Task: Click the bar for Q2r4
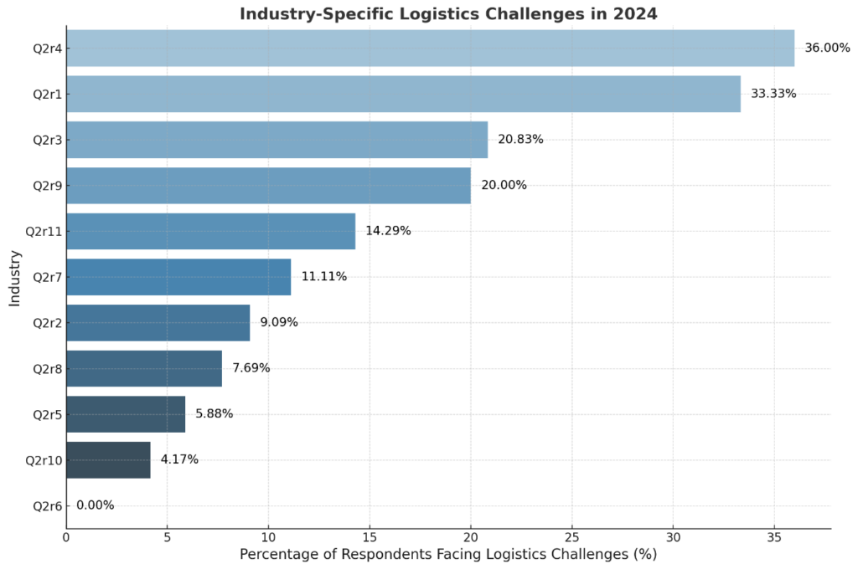coord(430,48)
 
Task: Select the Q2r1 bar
coord(403,94)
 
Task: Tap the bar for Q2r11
coord(210,231)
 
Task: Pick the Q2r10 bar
coord(108,459)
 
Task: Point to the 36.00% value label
coord(821,48)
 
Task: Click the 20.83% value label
coord(520,140)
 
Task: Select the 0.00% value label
coord(95,505)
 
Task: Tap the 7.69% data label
coord(251,368)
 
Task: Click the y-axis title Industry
coord(15,277)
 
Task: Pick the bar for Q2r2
coord(158,322)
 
